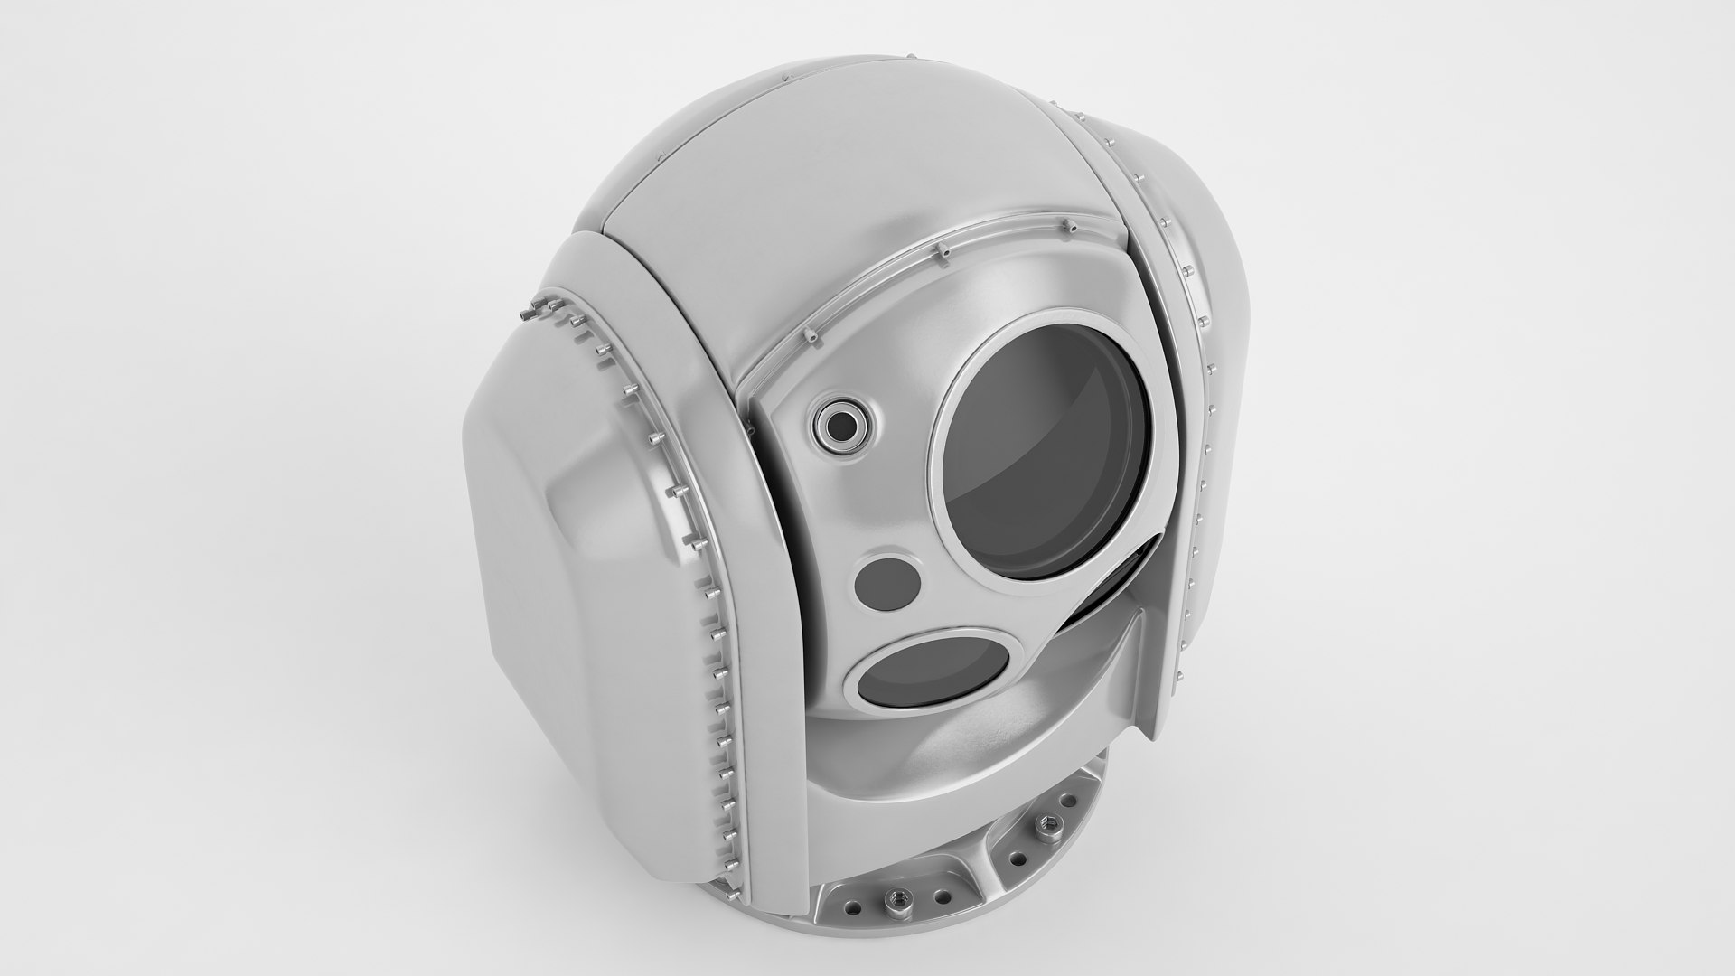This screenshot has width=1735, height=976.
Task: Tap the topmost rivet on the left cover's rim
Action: coord(526,312)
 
